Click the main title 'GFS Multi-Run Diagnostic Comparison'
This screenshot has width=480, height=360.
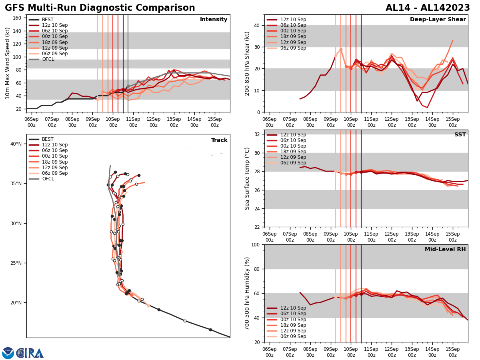[100, 8]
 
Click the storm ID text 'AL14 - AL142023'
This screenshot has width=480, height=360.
[428, 8]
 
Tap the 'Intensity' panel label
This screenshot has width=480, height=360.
[214, 20]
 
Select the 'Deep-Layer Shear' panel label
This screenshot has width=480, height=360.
[438, 20]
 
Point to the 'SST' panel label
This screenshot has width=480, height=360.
[460, 135]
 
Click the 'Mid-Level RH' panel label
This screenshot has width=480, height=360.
[445, 250]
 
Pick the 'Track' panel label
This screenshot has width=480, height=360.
[219, 140]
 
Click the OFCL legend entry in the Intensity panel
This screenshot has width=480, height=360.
[48, 59]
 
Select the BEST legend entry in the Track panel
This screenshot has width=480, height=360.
[48, 139]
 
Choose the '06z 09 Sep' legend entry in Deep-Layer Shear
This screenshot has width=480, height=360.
[293, 48]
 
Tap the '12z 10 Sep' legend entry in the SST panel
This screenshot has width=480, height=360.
[293, 135]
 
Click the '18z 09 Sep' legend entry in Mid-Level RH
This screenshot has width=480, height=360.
[293, 325]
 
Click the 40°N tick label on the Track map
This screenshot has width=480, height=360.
[16, 144]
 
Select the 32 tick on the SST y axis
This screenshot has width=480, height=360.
[258, 134]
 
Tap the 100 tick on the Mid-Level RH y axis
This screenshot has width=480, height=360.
[255, 244]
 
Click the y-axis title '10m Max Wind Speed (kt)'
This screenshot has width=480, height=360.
[8, 63]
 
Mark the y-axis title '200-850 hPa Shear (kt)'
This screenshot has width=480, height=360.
[247, 63]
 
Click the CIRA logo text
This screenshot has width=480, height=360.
[30, 353]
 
